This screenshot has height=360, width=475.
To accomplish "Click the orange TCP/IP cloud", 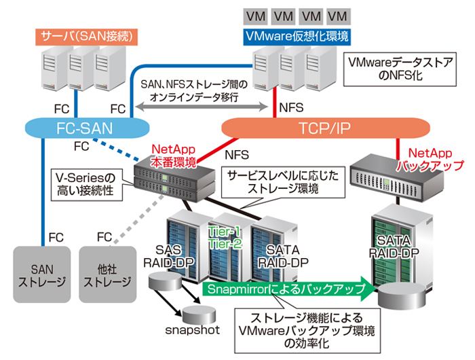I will point(326,128).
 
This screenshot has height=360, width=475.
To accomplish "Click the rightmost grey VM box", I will point(335,15).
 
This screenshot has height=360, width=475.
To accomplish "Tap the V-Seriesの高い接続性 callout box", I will point(86,185).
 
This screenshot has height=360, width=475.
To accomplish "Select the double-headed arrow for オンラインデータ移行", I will point(203,107).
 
